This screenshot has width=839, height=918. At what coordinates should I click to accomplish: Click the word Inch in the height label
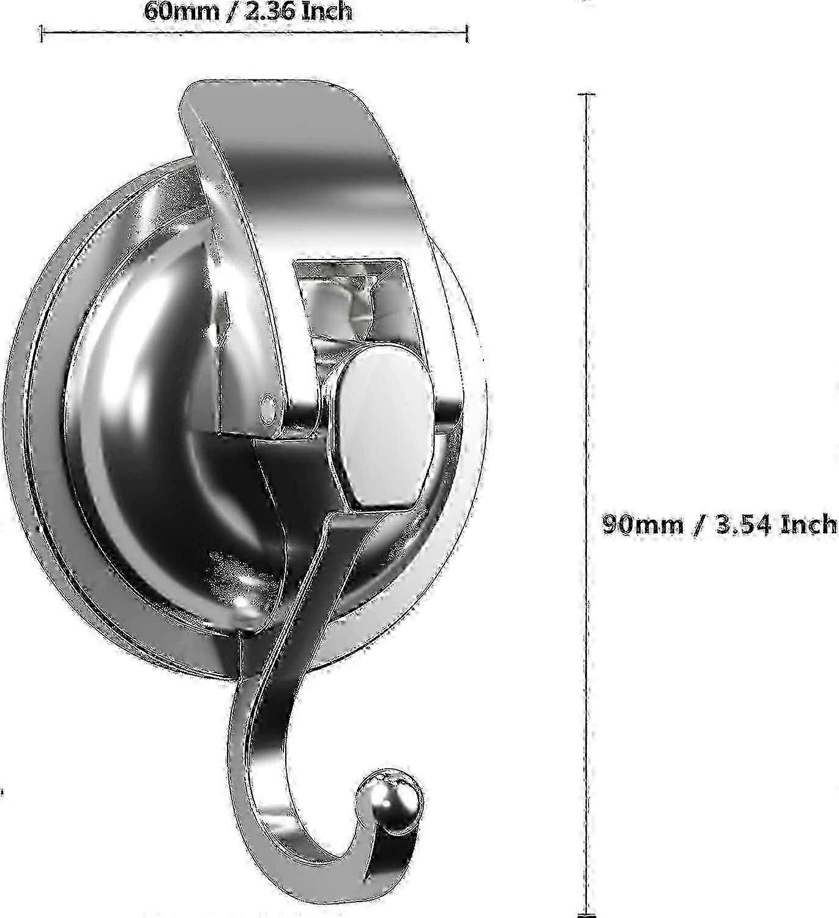pyautogui.click(x=808, y=524)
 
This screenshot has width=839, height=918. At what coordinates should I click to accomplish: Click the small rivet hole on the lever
pyautogui.click(x=268, y=406)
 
